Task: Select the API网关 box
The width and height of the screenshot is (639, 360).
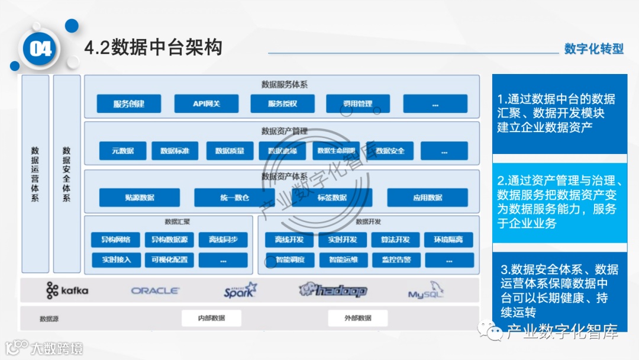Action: point(206,104)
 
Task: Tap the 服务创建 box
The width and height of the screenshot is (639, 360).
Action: point(129,104)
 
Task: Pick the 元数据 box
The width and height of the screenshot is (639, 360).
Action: point(122,151)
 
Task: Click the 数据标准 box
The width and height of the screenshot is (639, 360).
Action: point(175,151)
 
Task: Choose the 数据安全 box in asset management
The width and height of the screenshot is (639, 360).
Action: point(390,151)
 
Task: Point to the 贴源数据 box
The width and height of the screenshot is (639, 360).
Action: point(139,197)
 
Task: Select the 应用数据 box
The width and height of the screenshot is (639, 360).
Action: point(427,197)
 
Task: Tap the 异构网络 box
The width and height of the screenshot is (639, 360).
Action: point(115,240)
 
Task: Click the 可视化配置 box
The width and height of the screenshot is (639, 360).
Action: point(169,260)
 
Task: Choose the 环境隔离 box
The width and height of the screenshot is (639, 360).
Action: point(448,240)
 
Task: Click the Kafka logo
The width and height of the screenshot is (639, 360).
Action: point(67,290)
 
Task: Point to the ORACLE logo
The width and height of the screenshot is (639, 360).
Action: point(155,291)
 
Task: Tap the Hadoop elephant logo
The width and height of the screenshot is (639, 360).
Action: point(333,290)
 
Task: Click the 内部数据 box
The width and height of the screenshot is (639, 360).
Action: point(211,318)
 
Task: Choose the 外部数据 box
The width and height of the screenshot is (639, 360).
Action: point(358,318)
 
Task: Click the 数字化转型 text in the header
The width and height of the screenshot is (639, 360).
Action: point(593,49)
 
